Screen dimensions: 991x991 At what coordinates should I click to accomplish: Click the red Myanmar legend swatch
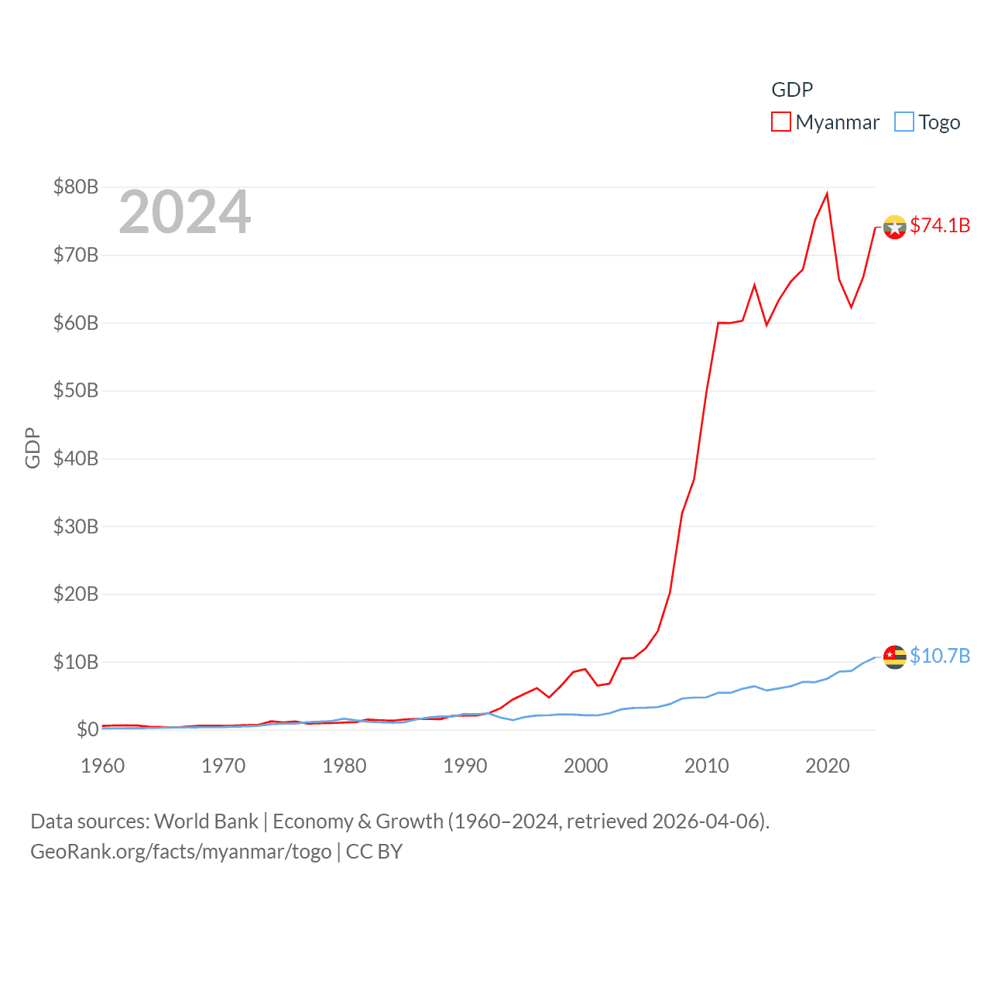tap(780, 122)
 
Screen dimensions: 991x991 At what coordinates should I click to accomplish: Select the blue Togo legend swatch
tap(904, 122)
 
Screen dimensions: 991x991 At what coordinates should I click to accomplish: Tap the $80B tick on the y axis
tap(76, 187)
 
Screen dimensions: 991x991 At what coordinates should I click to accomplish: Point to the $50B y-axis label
tap(76, 390)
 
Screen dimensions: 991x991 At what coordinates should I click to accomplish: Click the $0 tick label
tap(87, 729)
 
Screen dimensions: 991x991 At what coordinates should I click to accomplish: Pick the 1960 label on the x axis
tap(103, 766)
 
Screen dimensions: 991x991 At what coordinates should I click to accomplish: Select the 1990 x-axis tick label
tap(465, 766)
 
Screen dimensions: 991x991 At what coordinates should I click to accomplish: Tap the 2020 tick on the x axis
tap(828, 766)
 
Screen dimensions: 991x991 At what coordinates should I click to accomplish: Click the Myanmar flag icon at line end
tap(894, 227)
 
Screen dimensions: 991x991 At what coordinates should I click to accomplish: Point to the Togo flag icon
tap(894, 657)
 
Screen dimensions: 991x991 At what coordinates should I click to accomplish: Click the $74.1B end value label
tap(940, 225)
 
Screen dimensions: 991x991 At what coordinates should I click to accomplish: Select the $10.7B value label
tap(940, 656)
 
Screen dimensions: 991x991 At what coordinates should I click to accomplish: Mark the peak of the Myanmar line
tap(827, 194)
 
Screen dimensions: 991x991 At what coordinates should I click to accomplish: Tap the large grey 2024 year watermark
tap(185, 212)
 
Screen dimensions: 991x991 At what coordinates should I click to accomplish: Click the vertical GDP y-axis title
tap(33, 447)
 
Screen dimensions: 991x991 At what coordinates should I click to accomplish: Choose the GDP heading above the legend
tap(792, 90)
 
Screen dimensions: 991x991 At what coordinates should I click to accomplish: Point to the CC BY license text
tap(374, 852)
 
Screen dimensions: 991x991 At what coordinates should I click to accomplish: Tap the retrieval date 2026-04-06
tap(708, 821)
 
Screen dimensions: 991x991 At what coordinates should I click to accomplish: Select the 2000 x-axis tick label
tap(586, 766)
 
